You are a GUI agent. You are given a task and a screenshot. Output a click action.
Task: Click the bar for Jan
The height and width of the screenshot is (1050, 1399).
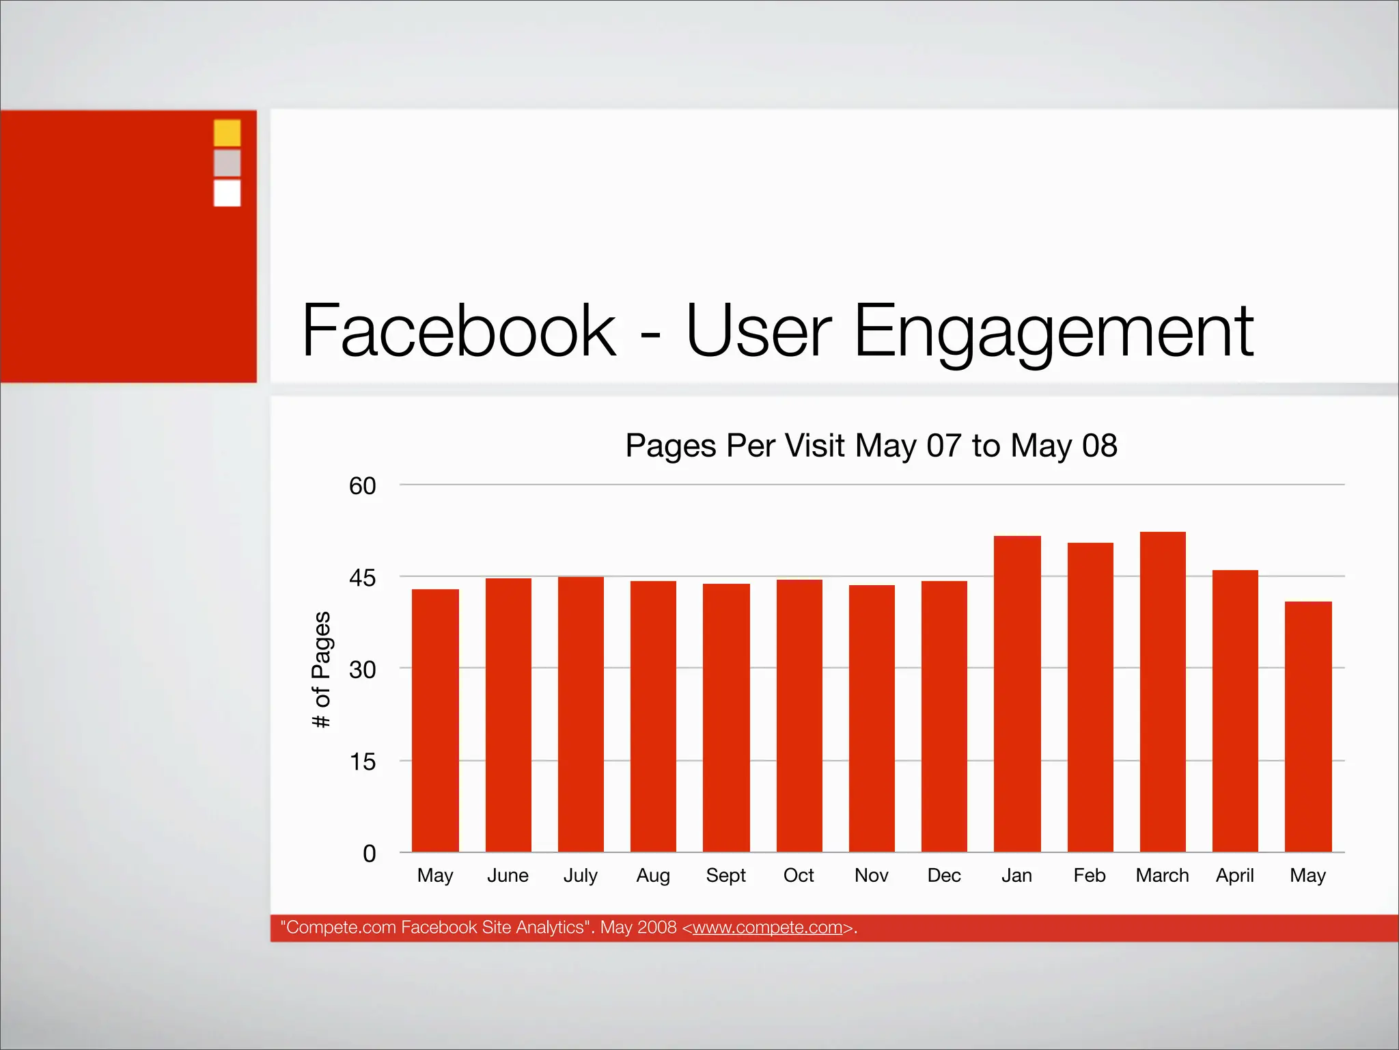(x=1017, y=694)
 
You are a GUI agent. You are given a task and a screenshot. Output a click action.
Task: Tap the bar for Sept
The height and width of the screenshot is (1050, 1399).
(x=726, y=718)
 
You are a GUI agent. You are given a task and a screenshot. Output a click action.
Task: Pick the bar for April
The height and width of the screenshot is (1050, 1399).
(x=1235, y=711)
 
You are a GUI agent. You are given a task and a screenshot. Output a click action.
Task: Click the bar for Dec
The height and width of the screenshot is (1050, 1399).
(x=944, y=716)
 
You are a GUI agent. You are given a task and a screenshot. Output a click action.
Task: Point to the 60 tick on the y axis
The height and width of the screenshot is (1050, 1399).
(x=362, y=486)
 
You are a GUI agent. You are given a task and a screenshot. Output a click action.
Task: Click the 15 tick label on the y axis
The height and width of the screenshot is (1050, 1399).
(x=362, y=762)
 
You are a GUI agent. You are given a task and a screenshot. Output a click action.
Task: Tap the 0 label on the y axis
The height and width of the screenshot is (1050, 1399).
(x=369, y=853)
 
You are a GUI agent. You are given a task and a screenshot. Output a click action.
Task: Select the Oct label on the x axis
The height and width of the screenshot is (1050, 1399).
(x=799, y=875)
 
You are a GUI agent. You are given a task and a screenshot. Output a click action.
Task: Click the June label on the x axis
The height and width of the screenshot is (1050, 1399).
(x=508, y=875)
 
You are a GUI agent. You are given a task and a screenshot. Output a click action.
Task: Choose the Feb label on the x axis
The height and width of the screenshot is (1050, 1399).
(x=1089, y=875)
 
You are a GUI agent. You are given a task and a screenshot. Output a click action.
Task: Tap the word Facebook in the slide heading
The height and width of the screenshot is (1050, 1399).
(x=459, y=331)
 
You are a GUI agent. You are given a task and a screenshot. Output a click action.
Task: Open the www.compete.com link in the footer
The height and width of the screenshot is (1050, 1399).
(x=767, y=928)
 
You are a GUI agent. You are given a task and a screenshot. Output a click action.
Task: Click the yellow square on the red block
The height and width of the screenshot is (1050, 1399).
(x=227, y=133)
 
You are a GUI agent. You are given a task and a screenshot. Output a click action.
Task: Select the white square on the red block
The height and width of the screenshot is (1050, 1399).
(x=227, y=193)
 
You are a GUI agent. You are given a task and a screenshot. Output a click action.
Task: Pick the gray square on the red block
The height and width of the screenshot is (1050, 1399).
(x=227, y=163)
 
